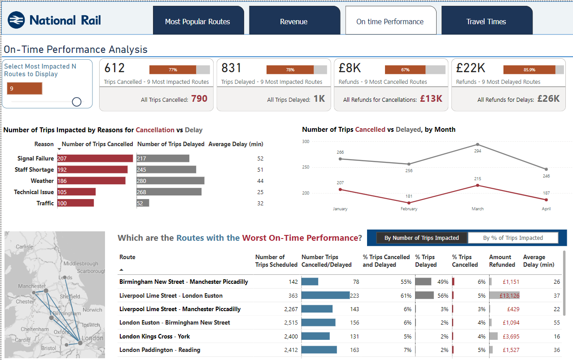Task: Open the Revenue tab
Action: (294, 22)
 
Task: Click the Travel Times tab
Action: (486, 22)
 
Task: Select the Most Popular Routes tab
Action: (197, 22)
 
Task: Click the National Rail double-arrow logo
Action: (16, 20)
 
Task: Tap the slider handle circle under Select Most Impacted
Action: (77, 102)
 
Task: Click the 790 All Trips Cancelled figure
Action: (199, 99)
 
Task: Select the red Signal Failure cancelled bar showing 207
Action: (95, 158)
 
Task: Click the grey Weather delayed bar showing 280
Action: (171, 181)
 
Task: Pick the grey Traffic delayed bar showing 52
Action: (143, 203)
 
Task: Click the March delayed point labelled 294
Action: (477, 144)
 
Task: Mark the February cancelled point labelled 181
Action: (409, 203)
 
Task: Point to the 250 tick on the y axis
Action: (306, 167)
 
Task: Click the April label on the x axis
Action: (546, 208)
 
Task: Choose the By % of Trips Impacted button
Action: (513, 238)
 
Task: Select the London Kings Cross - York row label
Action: (154, 336)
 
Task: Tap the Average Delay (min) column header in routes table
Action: (538, 260)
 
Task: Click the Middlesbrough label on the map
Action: (80, 264)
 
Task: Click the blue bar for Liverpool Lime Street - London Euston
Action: (325, 295)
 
